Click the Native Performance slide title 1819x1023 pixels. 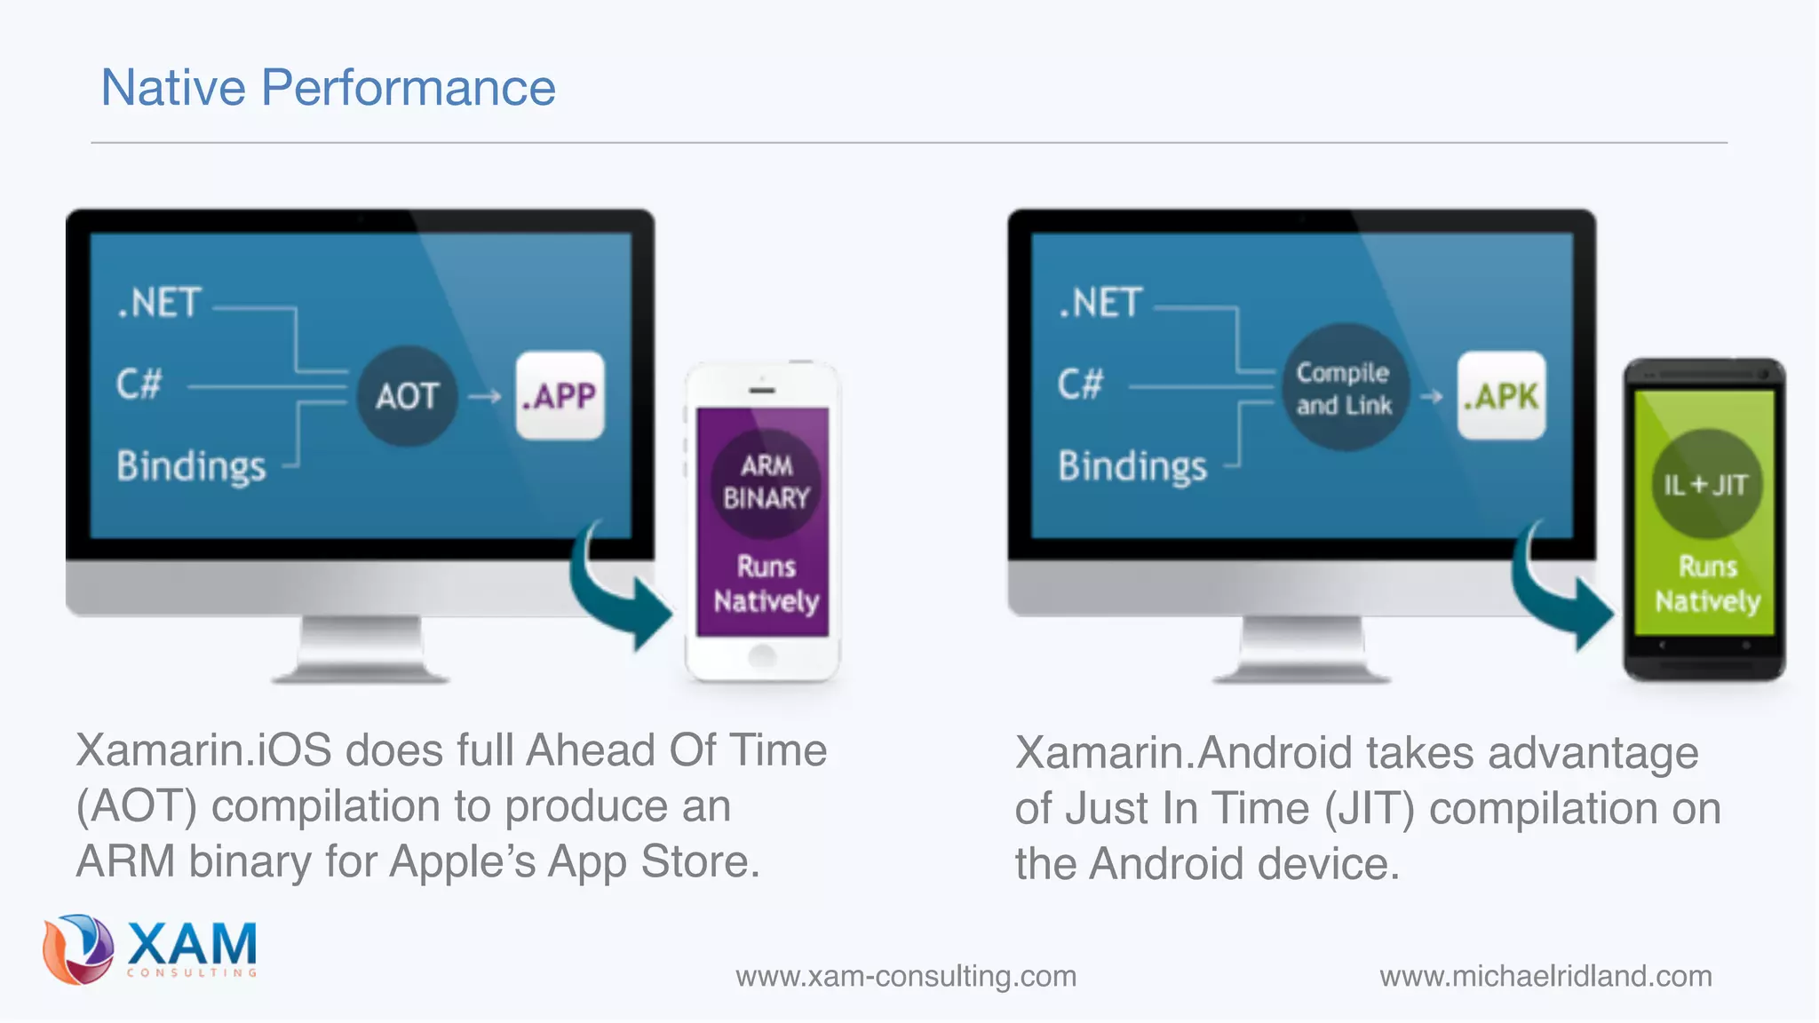(328, 88)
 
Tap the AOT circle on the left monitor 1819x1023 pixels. (407, 396)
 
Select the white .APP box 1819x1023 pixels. (560, 396)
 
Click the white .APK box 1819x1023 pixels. (1501, 396)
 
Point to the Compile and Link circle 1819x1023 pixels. (1345, 388)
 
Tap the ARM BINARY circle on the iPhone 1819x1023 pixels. (766, 482)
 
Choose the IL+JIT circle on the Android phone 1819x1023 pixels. (1705, 485)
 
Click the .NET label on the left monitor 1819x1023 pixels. (160, 303)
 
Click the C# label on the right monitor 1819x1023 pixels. (1080, 385)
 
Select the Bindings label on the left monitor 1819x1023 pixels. (192, 466)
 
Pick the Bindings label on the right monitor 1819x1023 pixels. (1132, 466)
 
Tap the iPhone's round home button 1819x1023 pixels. (762, 656)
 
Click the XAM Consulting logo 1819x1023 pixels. (151, 949)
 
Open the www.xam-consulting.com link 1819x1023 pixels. (906, 976)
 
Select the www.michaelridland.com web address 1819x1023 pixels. (1545, 976)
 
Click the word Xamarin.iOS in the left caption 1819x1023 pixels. (203, 750)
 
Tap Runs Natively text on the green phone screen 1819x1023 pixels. (1707, 583)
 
